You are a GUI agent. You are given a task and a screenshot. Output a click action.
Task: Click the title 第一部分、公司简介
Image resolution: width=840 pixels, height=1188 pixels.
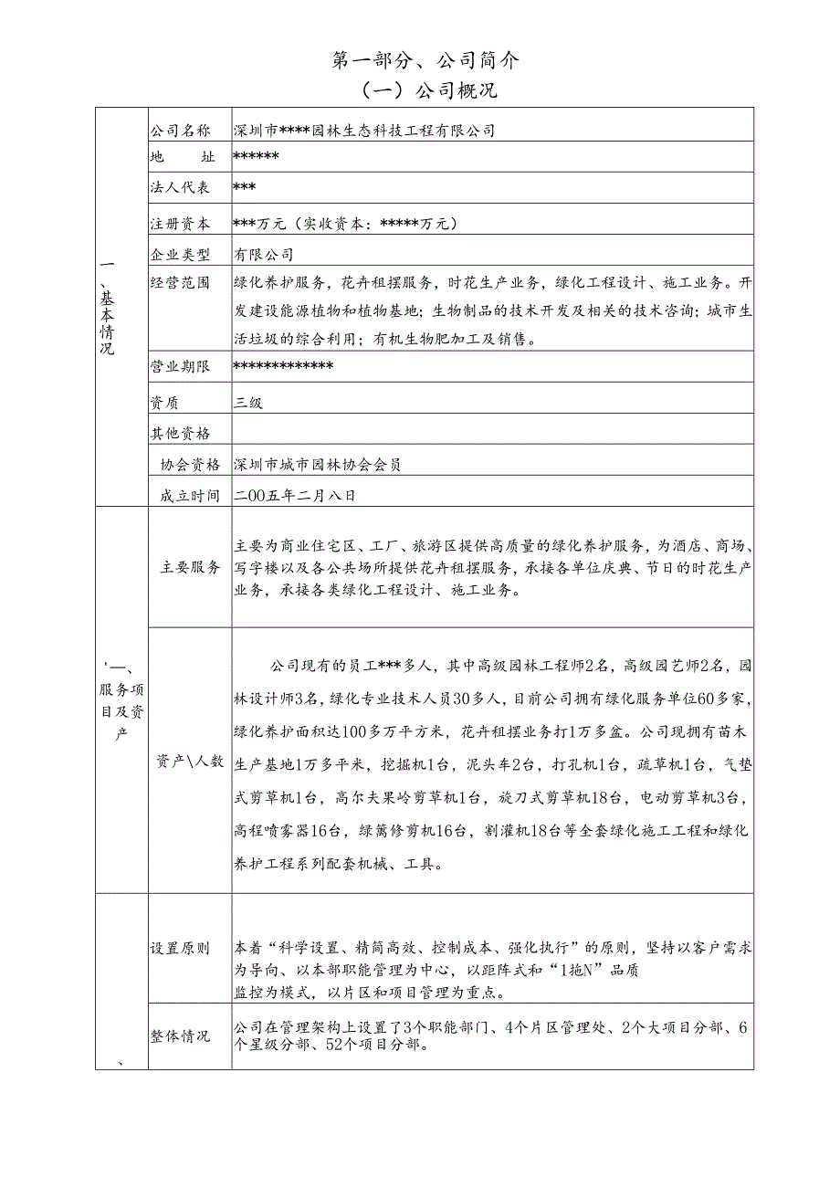(425, 60)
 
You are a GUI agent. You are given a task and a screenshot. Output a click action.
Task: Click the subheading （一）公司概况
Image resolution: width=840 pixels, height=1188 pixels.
(425, 91)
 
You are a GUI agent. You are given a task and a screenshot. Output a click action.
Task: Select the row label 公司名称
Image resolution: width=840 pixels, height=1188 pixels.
(180, 131)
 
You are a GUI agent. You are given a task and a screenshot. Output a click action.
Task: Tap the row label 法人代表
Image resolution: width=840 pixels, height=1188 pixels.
(180, 188)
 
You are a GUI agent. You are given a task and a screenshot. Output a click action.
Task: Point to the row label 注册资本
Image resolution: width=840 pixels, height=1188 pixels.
(180, 224)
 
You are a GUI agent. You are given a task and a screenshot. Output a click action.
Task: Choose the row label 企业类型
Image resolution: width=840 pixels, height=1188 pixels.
(180, 254)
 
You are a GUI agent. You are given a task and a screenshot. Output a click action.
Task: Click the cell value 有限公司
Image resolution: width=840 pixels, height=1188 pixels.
(264, 254)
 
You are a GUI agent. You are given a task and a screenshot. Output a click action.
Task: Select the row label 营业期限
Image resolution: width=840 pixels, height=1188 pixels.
(180, 367)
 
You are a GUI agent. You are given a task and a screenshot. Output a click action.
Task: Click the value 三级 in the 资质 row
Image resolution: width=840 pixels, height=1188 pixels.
(248, 403)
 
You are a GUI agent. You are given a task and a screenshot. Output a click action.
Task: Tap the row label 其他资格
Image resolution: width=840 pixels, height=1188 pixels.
(180, 433)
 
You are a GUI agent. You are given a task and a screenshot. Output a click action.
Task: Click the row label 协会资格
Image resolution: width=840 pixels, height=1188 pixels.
(191, 465)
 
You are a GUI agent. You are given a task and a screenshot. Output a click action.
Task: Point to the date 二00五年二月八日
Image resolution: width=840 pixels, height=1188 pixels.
(294, 496)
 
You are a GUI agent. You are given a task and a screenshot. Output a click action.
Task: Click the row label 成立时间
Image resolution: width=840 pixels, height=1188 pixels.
(191, 496)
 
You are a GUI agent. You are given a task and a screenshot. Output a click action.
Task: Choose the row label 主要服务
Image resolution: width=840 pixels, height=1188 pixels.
(191, 567)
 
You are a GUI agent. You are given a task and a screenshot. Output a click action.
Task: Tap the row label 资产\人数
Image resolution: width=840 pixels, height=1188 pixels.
(191, 761)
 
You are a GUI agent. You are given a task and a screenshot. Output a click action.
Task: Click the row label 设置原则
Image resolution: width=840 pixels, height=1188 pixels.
(180, 948)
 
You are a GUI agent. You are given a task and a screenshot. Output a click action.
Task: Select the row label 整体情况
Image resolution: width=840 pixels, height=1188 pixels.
(180, 1036)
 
